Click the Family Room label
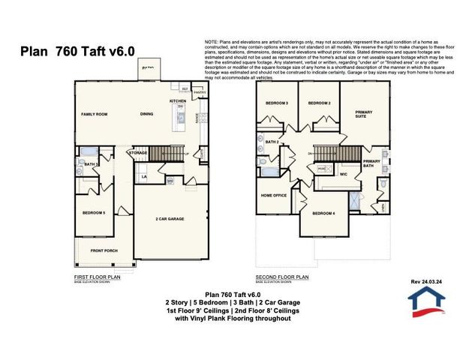click(95, 114)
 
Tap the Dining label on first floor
click(147, 114)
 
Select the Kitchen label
click(177, 100)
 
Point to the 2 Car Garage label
click(170, 219)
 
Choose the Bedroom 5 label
click(94, 213)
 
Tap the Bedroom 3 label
click(278, 103)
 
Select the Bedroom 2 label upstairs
click(319, 103)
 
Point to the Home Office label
click(274, 195)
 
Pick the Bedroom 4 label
click(323, 213)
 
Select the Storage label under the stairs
click(138, 152)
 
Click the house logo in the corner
click(426, 301)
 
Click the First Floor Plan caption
click(98, 277)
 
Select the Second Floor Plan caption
click(283, 277)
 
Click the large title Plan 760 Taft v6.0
click(77, 51)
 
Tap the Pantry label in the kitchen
click(199, 92)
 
